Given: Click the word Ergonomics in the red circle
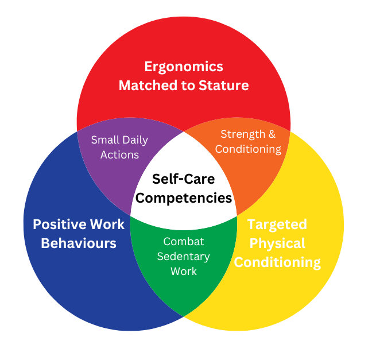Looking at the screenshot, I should pyautogui.click(x=184, y=66).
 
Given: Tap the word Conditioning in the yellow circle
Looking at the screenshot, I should pyautogui.click(x=277, y=262).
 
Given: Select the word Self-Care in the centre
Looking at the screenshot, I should pyautogui.click(x=183, y=179).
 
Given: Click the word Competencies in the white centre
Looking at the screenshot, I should pyautogui.click(x=184, y=198).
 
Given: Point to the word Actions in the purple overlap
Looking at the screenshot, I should pyautogui.click(x=119, y=154).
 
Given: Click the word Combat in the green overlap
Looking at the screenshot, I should pyautogui.click(x=184, y=241).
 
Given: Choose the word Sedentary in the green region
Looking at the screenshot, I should pyautogui.click(x=184, y=256).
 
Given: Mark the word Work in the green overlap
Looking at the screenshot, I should pyautogui.click(x=184, y=270).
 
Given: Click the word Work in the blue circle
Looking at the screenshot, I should pyautogui.click(x=100, y=224).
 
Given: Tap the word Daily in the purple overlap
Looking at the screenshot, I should pyautogui.click(x=134, y=140).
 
